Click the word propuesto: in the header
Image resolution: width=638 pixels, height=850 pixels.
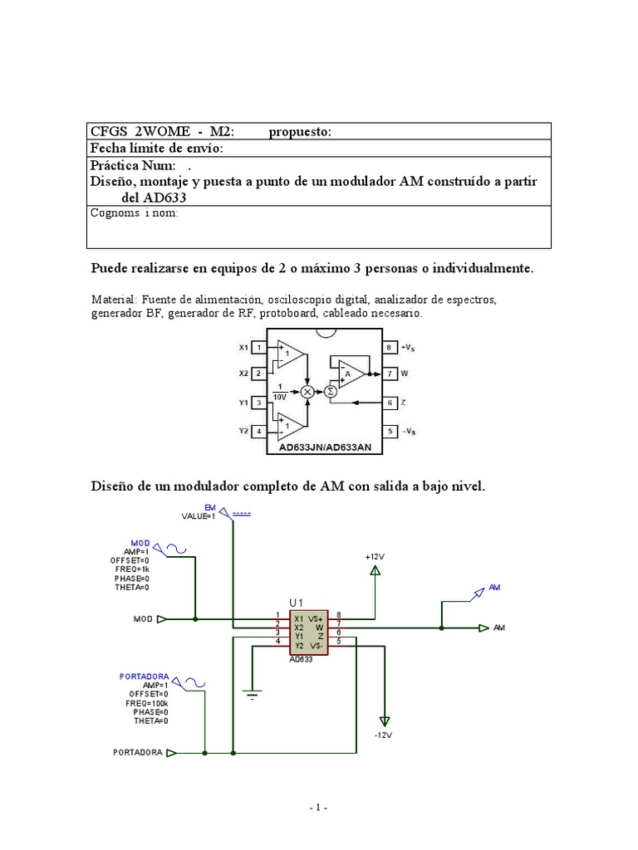point(300,132)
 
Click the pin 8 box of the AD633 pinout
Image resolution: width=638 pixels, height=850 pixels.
point(388,347)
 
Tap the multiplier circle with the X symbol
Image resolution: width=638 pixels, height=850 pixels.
point(307,390)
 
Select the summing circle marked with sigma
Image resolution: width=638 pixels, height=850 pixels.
point(330,390)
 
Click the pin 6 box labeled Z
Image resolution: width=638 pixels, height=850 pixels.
point(388,403)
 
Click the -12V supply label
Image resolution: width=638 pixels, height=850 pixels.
point(382,735)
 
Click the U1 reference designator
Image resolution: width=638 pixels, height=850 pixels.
point(297,602)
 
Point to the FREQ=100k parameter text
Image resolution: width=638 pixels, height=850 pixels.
point(146,703)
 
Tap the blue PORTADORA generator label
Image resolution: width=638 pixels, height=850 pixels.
point(145,677)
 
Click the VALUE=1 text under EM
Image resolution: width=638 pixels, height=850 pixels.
point(199,515)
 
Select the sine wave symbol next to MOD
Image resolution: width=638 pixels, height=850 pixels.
point(175,547)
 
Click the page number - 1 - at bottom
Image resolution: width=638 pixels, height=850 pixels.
point(318,807)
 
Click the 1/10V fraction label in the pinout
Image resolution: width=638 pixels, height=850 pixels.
point(284,391)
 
